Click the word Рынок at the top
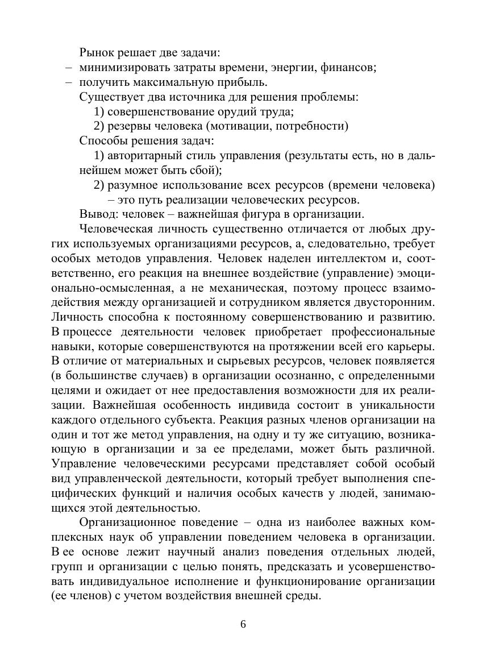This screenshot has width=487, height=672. pyautogui.click(x=95, y=53)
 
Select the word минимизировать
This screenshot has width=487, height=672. pyautogui.click(x=118, y=68)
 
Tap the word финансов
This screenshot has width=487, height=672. pyautogui.click(x=349, y=68)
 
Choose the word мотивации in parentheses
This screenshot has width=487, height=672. pyautogui.click(x=241, y=126)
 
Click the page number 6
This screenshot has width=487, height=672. pyautogui.click(x=243, y=624)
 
